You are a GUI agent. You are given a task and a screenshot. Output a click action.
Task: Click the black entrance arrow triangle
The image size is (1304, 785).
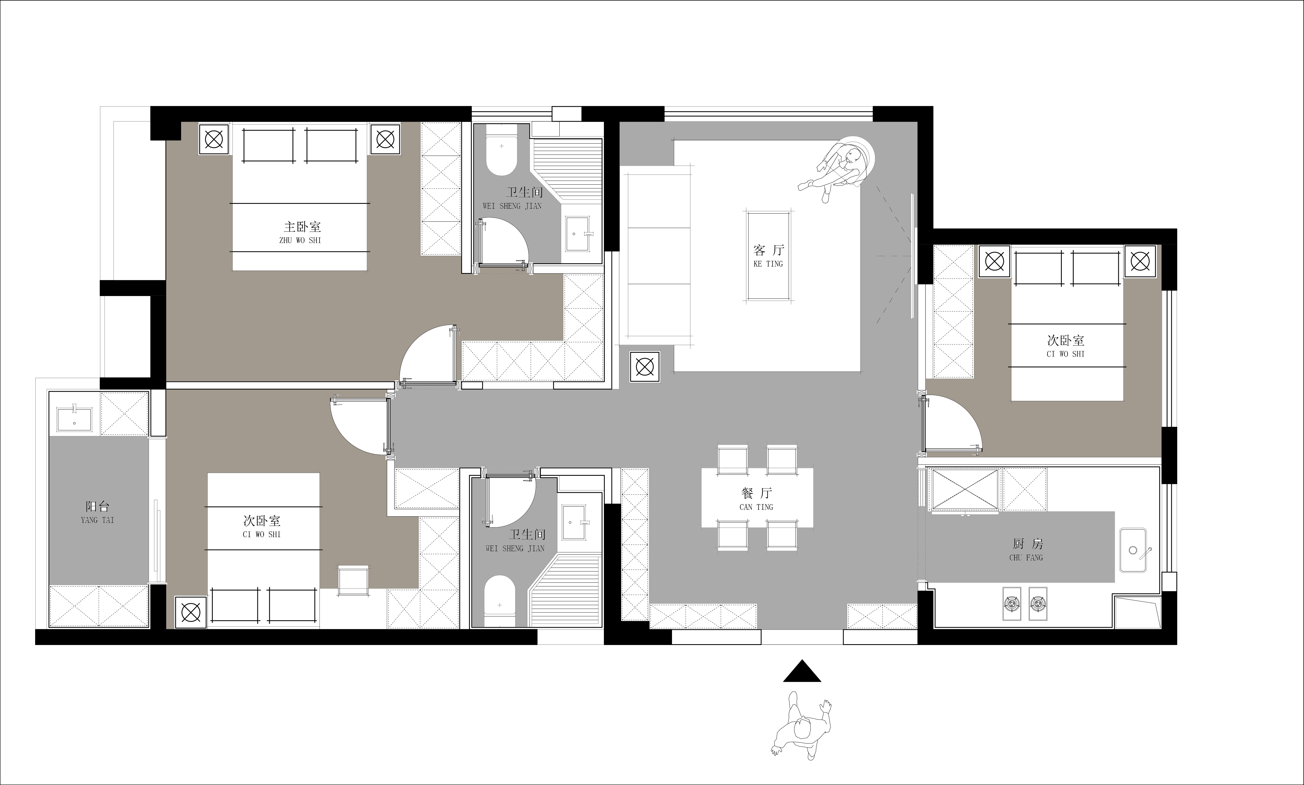[802, 671]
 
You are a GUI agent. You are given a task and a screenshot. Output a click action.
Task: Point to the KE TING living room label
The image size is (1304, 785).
[768, 264]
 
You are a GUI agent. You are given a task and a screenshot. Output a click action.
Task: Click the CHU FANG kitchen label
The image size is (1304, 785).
[1026, 558]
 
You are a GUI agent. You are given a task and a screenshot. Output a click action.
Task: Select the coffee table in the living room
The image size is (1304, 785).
[768, 257]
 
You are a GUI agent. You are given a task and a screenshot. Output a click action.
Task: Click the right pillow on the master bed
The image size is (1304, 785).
[332, 145]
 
